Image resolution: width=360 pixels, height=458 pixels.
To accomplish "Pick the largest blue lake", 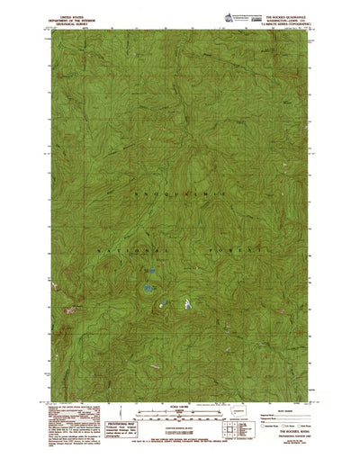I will [145, 289].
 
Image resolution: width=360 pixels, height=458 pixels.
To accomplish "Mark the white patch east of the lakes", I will [187, 304].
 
